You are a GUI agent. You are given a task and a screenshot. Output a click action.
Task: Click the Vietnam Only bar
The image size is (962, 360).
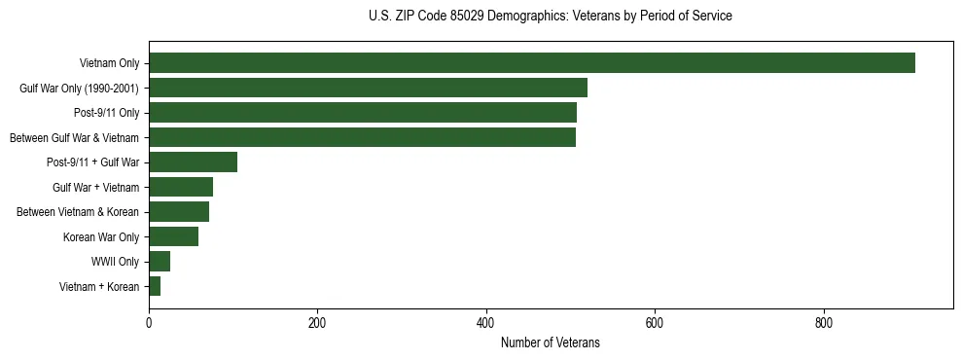[x=531, y=63]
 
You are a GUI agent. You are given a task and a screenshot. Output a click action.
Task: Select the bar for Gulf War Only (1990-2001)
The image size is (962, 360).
[x=368, y=88]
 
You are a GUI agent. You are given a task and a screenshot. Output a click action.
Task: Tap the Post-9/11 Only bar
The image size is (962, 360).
[x=362, y=113]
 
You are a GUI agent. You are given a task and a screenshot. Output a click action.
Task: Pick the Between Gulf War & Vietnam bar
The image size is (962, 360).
[x=362, y=137]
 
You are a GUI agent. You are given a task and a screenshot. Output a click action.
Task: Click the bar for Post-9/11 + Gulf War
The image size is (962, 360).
[x=193, y=162]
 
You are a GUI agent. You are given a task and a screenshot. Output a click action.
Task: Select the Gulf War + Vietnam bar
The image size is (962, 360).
[x=181, y=187]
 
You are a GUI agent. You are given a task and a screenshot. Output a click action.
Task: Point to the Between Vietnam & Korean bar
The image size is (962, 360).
[x=179, y=212]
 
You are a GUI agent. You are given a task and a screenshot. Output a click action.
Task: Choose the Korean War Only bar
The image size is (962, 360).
[x=173, y=236]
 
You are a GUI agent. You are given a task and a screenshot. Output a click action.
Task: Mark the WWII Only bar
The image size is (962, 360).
[x=160, y=262]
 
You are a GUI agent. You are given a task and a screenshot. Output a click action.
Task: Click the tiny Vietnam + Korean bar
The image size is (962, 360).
[x=155, y=286]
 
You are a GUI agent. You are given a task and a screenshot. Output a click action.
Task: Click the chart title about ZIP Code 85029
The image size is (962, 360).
[x=551, y=17]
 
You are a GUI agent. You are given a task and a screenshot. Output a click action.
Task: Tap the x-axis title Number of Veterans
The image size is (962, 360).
[x=551, y=343]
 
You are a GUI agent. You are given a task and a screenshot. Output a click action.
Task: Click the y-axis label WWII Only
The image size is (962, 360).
[x=115, y=262]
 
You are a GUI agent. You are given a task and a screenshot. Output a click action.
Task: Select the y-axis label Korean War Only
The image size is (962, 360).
[x=101, y=236]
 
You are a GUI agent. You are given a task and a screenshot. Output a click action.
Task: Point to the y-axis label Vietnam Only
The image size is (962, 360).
[x=109, y=63]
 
